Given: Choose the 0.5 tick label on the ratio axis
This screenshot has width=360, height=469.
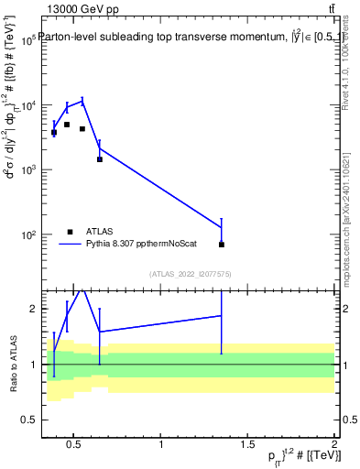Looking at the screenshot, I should (29, 420).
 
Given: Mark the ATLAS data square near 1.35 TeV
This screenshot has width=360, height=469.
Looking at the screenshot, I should (222, 245).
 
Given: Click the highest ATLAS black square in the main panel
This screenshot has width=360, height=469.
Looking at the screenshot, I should (67, 125).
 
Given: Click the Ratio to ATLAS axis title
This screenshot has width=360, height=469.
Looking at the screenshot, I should (12, 364).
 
